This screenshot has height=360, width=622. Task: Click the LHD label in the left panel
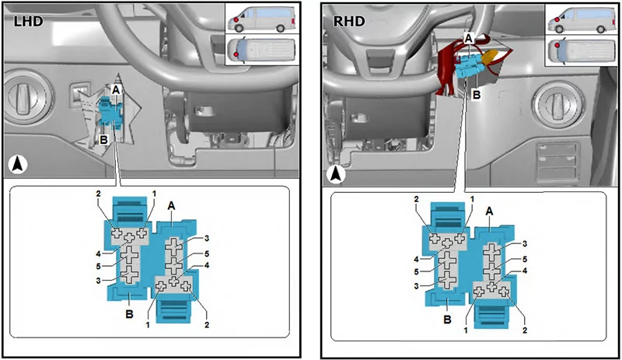click(x=28, y=21)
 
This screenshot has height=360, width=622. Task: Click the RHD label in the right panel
click(x=349, y=21)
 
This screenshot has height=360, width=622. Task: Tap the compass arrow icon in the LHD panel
click(x=17, y=164)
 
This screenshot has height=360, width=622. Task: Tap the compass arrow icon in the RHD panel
click(x=337, y=174)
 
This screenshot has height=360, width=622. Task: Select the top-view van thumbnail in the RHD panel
click(x=581, y=51)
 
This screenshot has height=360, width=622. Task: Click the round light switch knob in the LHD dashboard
click(x=29, y=93)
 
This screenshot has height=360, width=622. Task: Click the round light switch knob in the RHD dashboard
click(x=556, y=103)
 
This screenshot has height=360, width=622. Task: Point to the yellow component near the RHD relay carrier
click(x=492, y=55)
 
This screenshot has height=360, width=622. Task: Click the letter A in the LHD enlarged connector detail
click(x=171, y=205)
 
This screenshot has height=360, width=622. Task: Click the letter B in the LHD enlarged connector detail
click(x=129, y=314)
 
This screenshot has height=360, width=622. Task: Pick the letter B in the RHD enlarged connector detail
click(x=448, y=320)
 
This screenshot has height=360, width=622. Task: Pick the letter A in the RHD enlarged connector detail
click(x=490, y=211)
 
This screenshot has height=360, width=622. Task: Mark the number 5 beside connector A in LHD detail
click(x=207, y=254)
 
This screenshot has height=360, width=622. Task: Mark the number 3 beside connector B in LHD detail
click(x=98, y=281)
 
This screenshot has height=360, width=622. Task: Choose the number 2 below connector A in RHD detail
click(x=525, y=330)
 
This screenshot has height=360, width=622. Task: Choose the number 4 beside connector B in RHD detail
click(x=417, y=259)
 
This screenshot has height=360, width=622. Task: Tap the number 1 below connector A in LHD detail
click(x=148, y=325)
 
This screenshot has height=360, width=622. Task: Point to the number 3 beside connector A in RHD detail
click(x=525, y=243)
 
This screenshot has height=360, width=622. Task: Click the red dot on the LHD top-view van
click(x=236, y=54)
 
